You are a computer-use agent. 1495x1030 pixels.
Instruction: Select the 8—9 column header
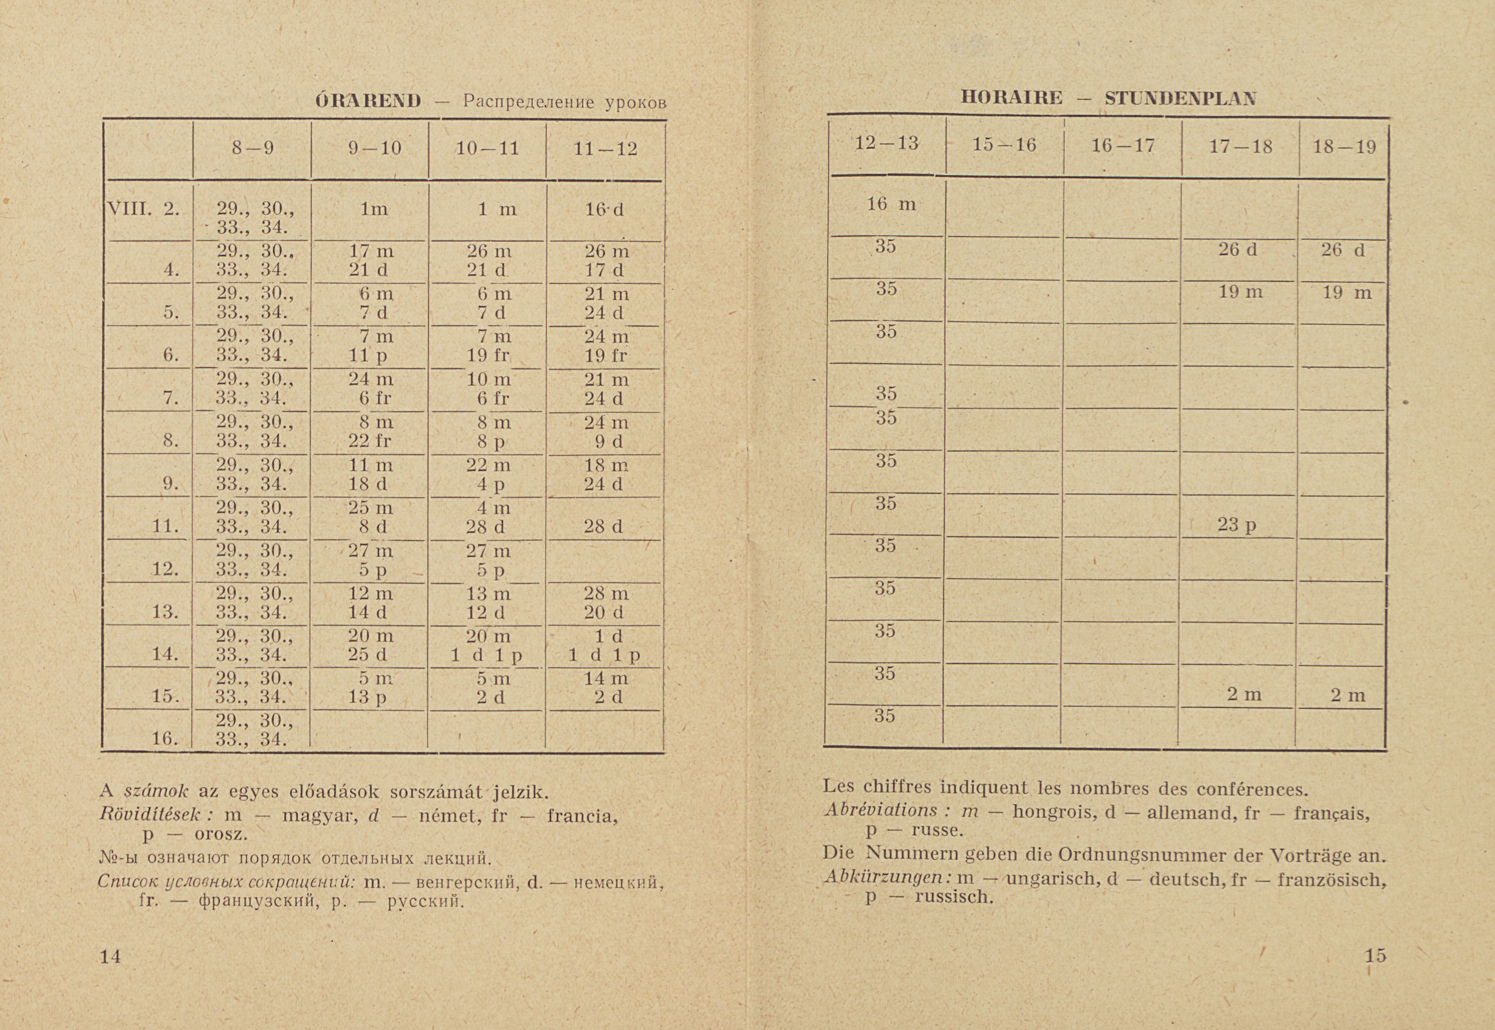(253, 148)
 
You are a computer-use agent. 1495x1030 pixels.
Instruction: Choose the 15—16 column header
(1004, 145)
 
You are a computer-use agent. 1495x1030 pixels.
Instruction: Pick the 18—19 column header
(1343, 147)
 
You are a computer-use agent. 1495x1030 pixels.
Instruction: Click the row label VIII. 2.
(142, 209)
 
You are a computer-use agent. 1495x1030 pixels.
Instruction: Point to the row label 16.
(165, 738)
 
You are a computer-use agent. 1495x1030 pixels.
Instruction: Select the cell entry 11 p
(368, 355)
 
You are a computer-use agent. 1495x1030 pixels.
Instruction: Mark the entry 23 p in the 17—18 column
(1237, 525)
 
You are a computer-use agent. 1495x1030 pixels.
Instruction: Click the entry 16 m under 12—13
(891, 205)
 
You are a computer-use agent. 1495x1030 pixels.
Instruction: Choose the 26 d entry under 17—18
(1238, 250)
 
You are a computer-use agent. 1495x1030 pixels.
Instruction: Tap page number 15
(1375, 955)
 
